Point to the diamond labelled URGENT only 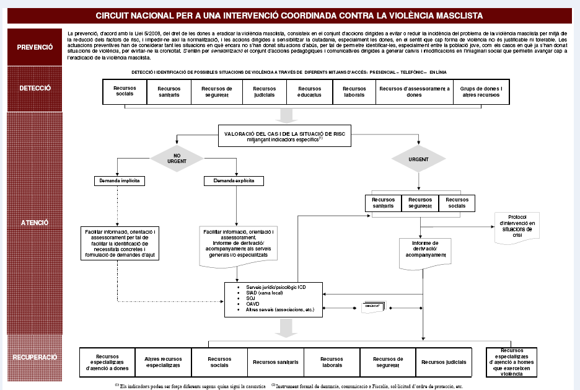click(419, 159)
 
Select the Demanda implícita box click(119, 181)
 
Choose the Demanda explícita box click(233, 181)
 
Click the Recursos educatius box click(305, 92)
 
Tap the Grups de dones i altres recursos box click(481, 92)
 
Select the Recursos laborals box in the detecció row click(354, 92)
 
